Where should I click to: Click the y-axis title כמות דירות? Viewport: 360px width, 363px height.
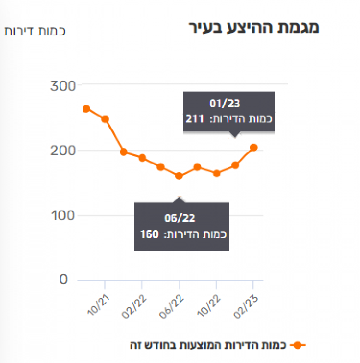pyautogui.click(x=35, y=31)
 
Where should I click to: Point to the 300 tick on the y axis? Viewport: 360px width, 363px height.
pyautogui.click(x=62, y=86)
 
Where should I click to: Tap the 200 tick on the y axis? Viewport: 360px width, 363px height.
pyautogui.click(x=62, y=151)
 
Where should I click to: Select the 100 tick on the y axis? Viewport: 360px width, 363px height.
pyautogui.click(x=62, y=215)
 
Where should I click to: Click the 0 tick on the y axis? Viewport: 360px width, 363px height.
pyautogui.click(x=64, y=279)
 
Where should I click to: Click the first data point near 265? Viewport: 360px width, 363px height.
pyautogui.click(x=86, y=109)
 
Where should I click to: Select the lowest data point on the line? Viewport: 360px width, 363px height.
pyautogui.click(x=179, y=176)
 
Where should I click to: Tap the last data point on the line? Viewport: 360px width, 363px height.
pyautogui.click(x=253, y=148)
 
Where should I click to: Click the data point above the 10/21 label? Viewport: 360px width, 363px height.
pyautogui.click(x=105, y=119)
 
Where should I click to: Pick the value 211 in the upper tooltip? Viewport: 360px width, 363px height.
pyautogui.click(x=195, y=118)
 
